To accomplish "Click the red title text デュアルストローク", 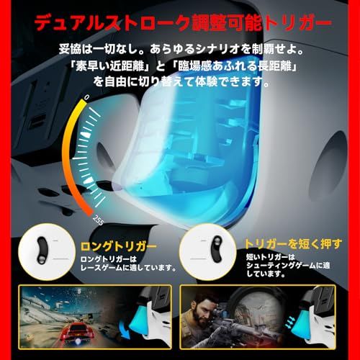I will (107, 24).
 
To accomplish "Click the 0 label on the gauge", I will (87, 96).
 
